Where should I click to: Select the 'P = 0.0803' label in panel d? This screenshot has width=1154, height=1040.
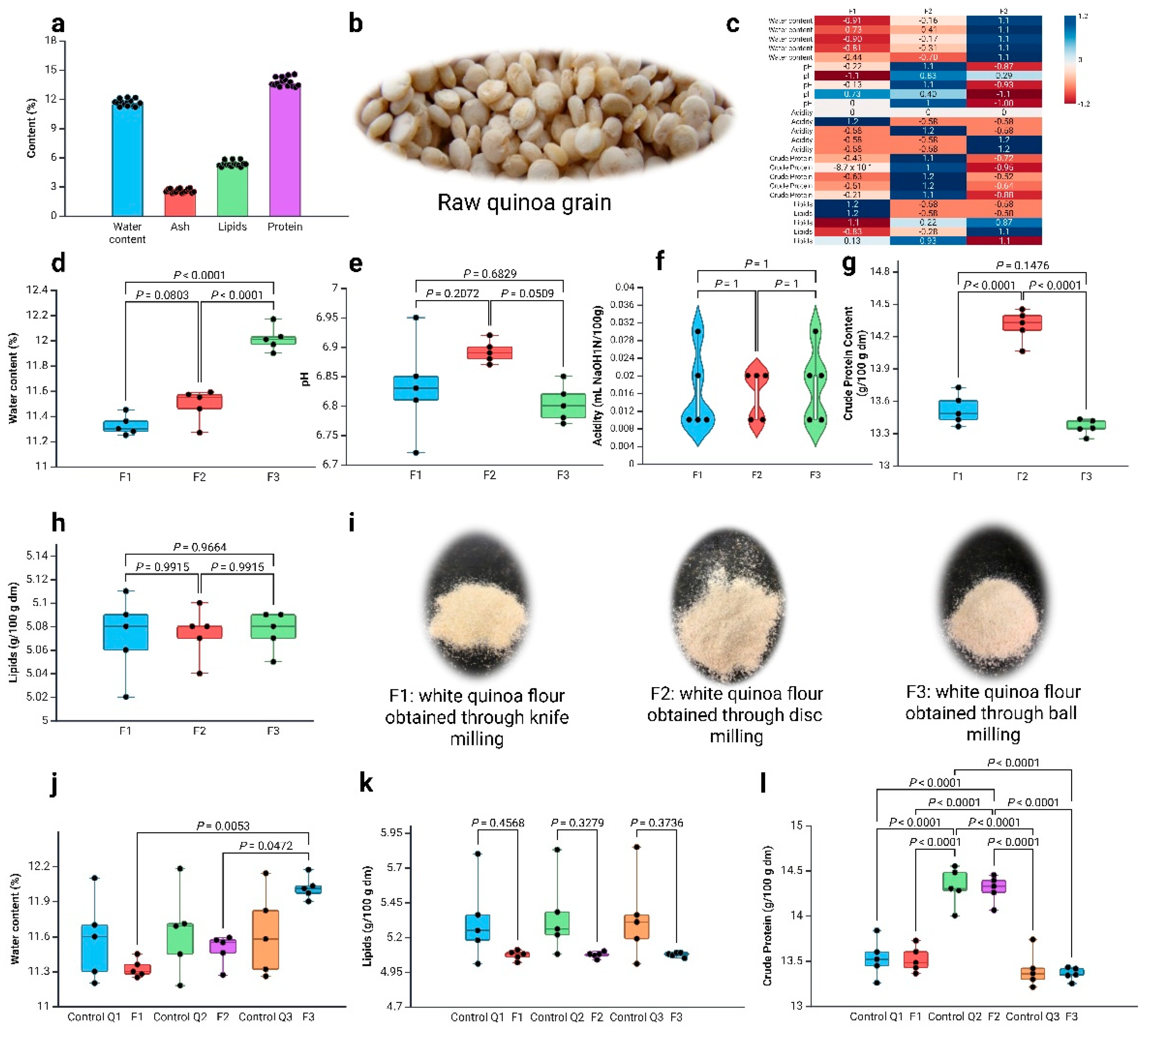pyautogui.click(x=162, y=295)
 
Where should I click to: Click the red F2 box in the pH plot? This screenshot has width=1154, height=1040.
pyautogui.click(x=489, y=352)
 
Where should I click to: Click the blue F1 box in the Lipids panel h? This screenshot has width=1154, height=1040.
pyautogui.click(x=125, y=632)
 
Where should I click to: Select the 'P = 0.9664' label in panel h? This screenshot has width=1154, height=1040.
pyautogui.click(x=200, y=547)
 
